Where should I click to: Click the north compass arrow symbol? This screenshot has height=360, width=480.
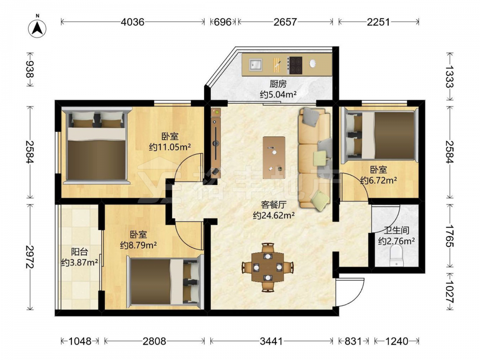coord(37,28)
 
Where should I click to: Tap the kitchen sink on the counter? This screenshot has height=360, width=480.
coord(256,65)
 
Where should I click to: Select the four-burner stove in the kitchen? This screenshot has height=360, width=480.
coord(295,65)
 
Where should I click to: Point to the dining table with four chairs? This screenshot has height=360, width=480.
coord(268,267)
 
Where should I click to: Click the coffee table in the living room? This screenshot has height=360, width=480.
coord(274,157)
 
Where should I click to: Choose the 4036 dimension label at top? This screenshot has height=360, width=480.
coord(132,22)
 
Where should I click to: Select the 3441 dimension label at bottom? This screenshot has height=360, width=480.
coord(271,341)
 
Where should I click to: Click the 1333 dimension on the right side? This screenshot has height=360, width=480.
coord(449,76)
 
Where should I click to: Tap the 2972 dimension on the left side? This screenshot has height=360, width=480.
coord(29,257)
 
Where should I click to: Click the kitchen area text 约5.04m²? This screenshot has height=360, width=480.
coord(278,94)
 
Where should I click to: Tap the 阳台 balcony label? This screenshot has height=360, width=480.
coord(80,252)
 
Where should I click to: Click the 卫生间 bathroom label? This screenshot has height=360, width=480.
coord(397,230)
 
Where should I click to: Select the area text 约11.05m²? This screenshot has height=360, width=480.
coord(170,147)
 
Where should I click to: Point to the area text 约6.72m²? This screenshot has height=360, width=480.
coord(379,180)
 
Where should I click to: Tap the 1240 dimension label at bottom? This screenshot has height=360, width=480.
coord(396,341)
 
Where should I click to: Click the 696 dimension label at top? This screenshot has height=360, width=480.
coord(223,22)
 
